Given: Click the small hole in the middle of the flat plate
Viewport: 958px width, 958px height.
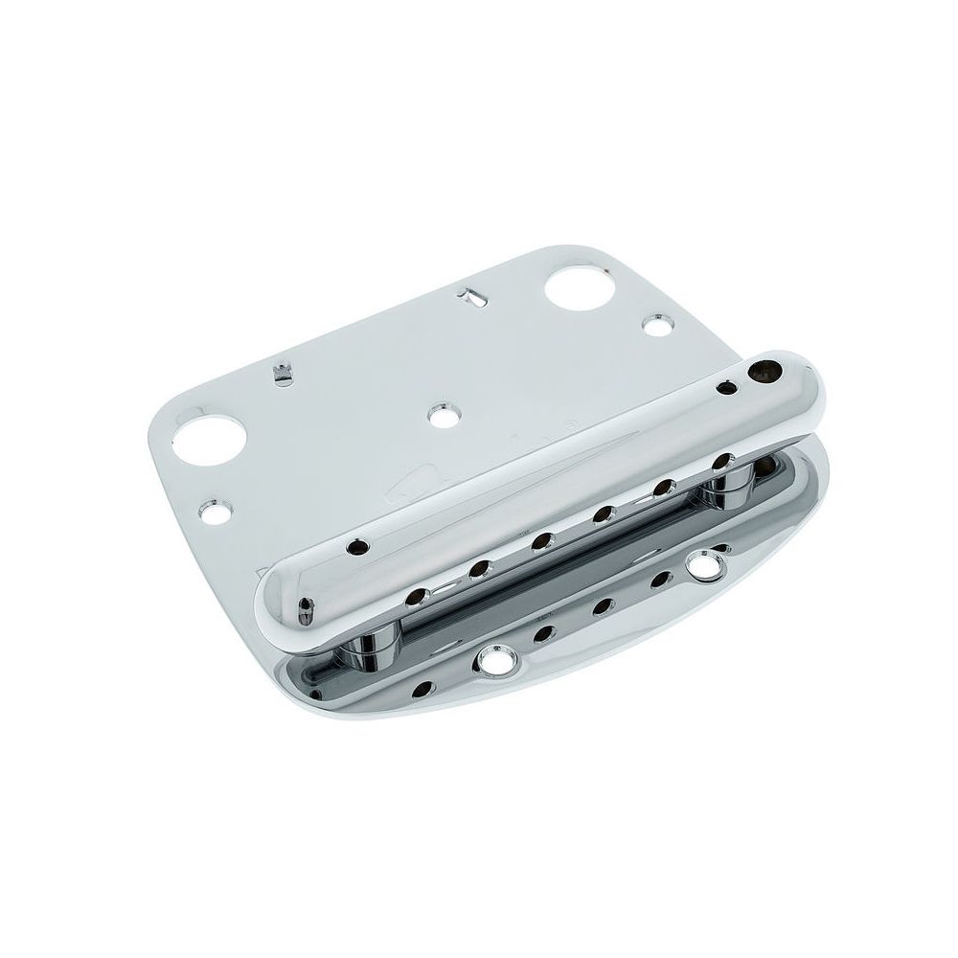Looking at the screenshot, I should (x=442, y=415).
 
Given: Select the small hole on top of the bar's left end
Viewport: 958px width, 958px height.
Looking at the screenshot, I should (x=359, y=547).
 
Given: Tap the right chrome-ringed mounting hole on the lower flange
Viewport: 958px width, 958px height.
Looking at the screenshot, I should (x=710, y=563).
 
